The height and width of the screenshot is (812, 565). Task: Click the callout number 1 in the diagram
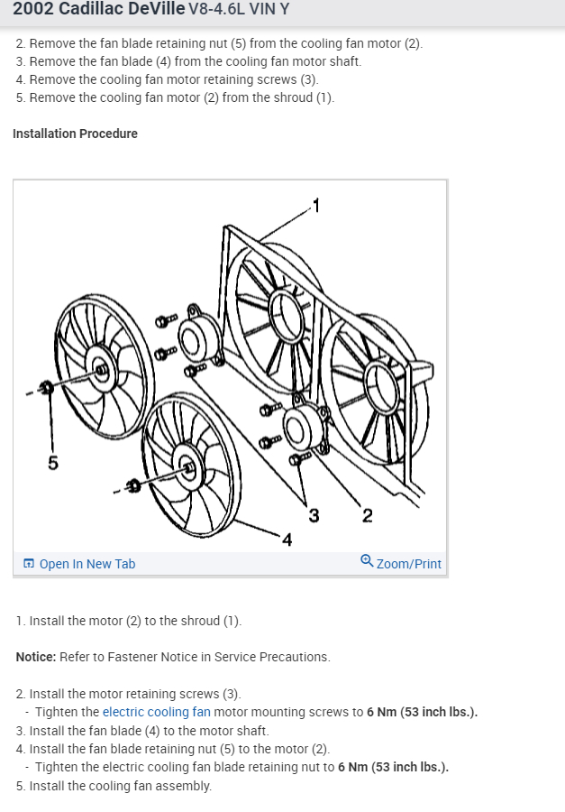tap(314, 203)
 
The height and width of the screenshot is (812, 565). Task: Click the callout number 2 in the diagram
tap(367, 516)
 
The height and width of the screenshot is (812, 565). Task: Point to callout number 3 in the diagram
tap(314, 516)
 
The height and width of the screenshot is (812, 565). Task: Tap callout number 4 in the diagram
tap(287, 540)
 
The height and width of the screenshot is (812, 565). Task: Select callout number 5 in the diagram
tap(52, 464)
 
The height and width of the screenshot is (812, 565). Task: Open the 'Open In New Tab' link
tap(87, 564)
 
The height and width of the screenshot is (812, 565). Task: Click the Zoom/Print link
tap(408, 564)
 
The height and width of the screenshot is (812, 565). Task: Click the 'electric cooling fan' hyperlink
tap(156, 712)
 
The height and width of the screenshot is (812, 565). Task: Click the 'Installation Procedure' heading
tap(75, 134)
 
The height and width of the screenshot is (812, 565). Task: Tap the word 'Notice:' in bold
tap(36, 657)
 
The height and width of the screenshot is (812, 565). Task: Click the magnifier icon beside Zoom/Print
tap(366, 561)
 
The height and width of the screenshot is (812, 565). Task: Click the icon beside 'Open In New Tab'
tap(29, 564)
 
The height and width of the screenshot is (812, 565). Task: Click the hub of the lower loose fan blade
tap(187, 467)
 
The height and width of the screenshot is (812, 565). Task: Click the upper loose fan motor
tap(193, 336)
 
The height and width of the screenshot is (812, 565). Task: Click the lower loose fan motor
tap(301, 429)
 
